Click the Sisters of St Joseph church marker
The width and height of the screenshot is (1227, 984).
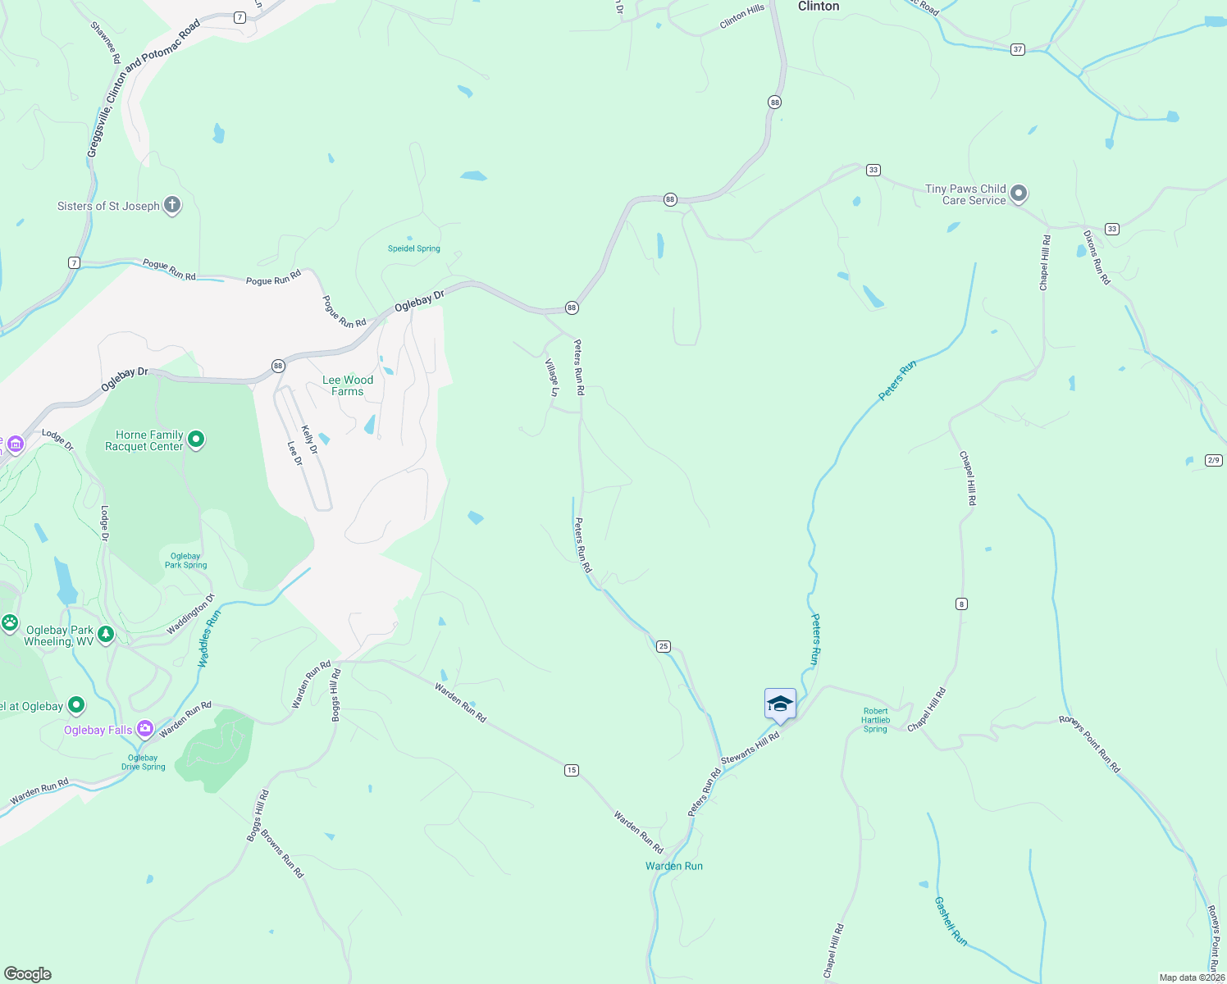click(171, 205)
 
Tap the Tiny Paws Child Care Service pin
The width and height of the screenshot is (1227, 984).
click(1018, 194)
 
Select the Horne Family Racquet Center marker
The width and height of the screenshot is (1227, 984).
click(196, 440)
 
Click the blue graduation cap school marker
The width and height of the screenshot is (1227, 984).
click(779, 704)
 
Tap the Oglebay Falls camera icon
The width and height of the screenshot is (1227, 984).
click(145, 729)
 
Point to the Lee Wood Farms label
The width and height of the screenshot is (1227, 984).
click(348, 385)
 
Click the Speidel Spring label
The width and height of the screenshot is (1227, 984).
click(413, 248)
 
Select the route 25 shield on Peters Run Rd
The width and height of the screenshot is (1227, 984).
click(664, 646)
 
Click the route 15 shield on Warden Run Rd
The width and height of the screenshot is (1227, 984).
click(572, 770)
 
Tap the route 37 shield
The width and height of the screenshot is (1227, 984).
click(1017, 49)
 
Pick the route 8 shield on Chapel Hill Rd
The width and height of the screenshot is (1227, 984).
click(961, 604)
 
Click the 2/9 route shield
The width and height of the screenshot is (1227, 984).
click(1214, 460)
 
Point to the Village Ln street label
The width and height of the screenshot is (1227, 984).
click(553, 376)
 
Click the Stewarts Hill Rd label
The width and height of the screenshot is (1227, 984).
click(750, 748)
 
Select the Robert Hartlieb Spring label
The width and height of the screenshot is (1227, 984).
click(875, 720)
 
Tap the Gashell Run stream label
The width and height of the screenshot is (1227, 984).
click(951, 921)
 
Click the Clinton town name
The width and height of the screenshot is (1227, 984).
click(819, 7)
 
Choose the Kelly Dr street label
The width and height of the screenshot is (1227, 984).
click(309, 440)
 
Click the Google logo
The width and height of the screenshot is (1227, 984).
click(28, 974)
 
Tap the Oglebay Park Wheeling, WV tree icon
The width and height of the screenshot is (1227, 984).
click(105, 635)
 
